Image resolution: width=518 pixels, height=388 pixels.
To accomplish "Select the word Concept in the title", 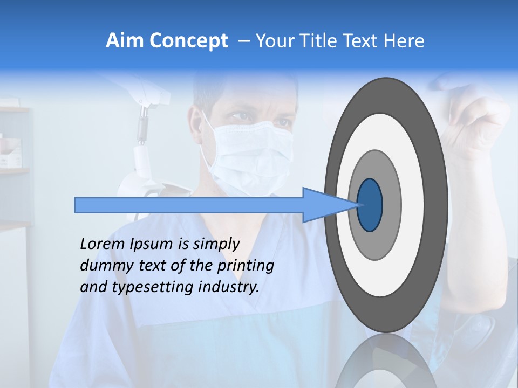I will [189, 41].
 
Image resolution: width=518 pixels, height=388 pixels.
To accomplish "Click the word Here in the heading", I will [404, 41].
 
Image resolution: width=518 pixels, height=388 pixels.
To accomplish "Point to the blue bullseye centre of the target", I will [370, 205].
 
